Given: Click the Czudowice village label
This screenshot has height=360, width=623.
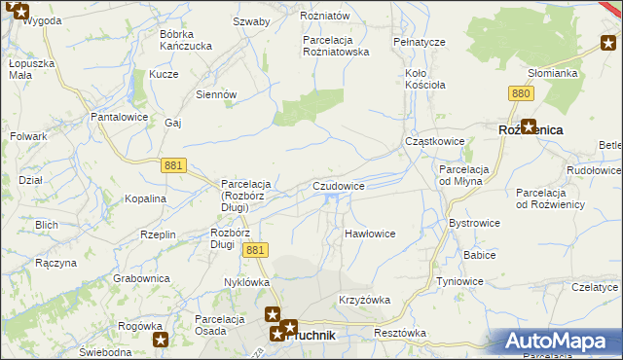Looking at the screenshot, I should (x=339, y=186).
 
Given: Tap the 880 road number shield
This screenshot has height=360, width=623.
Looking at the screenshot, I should (x=521, y=93).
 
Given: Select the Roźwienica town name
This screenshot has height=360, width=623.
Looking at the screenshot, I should (x=531, y=128).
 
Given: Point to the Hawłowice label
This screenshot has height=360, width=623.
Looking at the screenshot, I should (x=370, y=234).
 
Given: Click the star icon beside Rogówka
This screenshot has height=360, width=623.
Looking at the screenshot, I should (x=161, y=340).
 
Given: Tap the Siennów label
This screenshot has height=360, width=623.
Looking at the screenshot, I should (x=216, y=94).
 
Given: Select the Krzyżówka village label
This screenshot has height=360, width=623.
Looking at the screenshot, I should (x=363, y=300).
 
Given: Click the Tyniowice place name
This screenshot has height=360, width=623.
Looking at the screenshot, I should (x=459, y=281).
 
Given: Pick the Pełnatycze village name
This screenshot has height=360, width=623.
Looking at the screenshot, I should (x=419, y=43).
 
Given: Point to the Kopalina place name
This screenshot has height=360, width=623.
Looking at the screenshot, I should (x=145, y=198).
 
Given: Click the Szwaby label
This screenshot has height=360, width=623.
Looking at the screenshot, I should (x=251, y=21).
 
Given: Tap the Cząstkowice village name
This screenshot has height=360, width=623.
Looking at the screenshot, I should (x=434, y=142).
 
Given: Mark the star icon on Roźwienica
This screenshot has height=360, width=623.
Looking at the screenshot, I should (x=529, y=126).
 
